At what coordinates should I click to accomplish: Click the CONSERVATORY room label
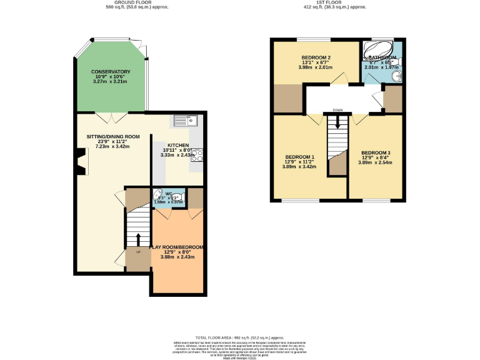(110, 72)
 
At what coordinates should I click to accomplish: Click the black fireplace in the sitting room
(81, 160)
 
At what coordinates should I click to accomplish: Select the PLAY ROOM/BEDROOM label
(177, 247)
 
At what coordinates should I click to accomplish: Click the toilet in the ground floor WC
(157, 195)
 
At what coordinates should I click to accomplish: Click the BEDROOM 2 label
(316, 57)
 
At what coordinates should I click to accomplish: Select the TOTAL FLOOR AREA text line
(240, 336)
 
